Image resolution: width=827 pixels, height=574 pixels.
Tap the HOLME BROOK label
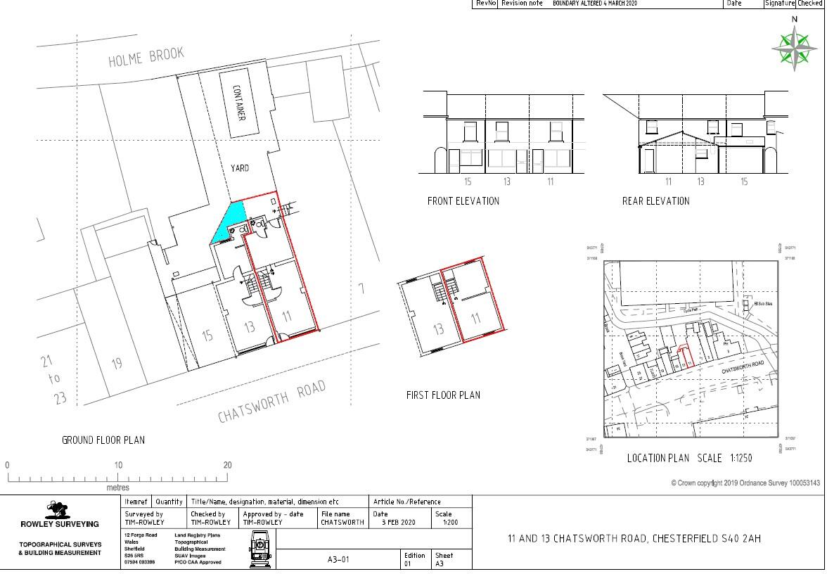(146, 57)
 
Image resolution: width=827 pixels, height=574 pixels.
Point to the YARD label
(239, 168)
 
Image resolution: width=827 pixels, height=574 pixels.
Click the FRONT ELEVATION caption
(463, 201)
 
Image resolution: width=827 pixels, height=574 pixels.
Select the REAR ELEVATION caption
(655, 201)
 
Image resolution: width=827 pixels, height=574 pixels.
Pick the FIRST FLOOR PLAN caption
(443, 395)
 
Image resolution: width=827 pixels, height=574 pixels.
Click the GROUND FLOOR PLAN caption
(103, 440)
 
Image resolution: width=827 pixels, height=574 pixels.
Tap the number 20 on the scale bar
(227, 465)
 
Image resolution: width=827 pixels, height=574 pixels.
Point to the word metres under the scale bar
(118, 487)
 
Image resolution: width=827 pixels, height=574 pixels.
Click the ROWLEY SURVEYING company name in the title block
(60, 524)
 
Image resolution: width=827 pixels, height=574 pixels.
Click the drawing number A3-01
(338, 560)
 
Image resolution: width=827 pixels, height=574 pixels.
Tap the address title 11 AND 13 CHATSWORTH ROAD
(634, 539)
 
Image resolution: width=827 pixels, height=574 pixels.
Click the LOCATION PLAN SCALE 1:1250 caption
(689, 458)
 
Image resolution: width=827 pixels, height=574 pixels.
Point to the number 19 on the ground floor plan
(117, 364)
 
